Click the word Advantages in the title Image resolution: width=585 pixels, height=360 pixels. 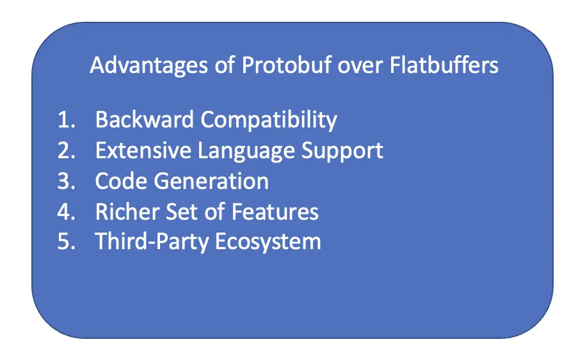(148, 67)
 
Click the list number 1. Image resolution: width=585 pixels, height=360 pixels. (66, 120)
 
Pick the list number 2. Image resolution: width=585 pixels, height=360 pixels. (66, 150)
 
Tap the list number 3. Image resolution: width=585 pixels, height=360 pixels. (66, 181)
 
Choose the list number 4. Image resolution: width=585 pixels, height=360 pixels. (66, 211)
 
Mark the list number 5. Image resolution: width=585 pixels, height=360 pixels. (66, 241)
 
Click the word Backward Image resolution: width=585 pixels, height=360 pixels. (145, 120)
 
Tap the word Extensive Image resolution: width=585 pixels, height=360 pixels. (143, 150)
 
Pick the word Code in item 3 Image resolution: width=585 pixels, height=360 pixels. (121, 181)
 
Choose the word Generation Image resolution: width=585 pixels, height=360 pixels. (211, 181)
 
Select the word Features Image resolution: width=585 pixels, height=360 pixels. (275, 211)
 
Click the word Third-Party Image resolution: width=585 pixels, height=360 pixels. (152, 242)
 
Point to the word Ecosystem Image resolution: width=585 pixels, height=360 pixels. (268, 242)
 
